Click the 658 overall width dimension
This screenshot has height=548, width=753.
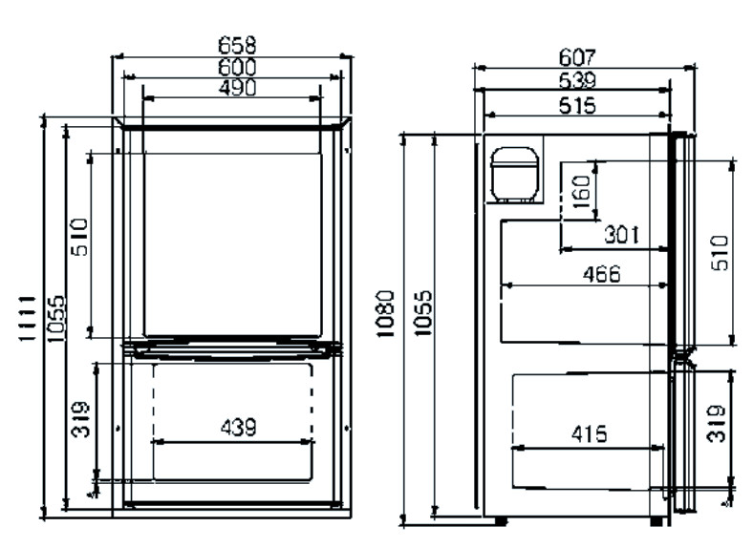pos(237,45)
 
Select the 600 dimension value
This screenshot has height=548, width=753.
pos(237,67)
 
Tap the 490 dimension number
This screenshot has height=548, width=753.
pos(237,88)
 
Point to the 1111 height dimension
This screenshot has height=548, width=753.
pos(28,318)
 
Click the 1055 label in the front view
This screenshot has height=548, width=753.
pos(55,318)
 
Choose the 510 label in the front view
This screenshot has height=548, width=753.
pos(79,237)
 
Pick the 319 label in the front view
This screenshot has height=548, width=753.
pos(80,419)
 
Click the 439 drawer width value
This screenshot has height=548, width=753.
pos(239,427)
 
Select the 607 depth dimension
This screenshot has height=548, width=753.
pos(578,57)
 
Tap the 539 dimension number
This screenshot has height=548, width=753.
pos(578,80)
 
